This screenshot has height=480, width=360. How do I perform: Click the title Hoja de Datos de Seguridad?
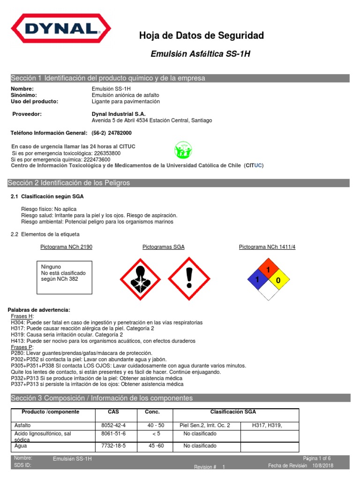coord(202,36)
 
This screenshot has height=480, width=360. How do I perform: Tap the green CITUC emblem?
coord(183,150)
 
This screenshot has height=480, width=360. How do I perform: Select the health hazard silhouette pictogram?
coord(141,278)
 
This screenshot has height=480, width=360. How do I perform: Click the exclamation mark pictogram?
coord(189,278)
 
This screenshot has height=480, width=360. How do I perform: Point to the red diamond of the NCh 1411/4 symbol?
coord(269,270)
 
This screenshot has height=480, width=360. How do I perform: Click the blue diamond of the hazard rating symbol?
coord(258,280)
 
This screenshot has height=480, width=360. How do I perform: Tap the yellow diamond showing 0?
coord(278,280)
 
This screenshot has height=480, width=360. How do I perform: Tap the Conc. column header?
coord(152,412)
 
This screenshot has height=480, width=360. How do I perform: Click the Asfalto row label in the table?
coord(23,425)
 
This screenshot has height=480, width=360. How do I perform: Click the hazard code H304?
coord(17,322)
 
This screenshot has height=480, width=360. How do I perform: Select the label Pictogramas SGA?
coord(164,247)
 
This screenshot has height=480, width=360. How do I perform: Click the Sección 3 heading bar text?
coord(102,398)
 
